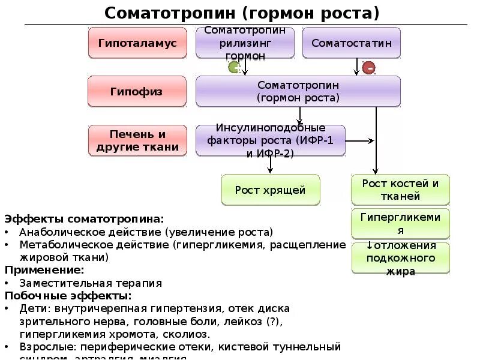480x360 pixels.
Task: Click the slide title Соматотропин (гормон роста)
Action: (x=242, y=13)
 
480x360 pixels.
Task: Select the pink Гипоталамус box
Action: (x=137, y=43)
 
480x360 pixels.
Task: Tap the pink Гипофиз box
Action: (x=137, y=92)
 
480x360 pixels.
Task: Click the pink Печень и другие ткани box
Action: (x=137, y=140)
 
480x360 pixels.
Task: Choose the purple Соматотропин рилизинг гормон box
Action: (x=245, y=43)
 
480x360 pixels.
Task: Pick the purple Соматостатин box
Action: (x=351, y=43)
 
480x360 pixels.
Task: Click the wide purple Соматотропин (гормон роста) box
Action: (x=298, y=92)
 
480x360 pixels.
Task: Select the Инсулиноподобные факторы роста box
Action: (x=270, y=140)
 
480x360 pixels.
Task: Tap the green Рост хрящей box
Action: (x=270, y=190)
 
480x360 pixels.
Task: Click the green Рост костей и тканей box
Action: (x=400, y=190)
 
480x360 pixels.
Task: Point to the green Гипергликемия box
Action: (x=400, y=223)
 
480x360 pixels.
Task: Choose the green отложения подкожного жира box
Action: (x=400, y=259)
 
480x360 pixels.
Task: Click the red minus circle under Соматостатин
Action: (x=368, y=68)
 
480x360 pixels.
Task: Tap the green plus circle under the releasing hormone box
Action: (x=233, y=67)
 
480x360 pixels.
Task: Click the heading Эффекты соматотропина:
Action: (x=84, y=219)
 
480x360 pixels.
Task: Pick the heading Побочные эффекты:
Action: (x=68, y=296)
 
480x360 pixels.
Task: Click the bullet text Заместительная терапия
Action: (x=91, y=283)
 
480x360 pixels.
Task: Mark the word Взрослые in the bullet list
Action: (x=44, y=347)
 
